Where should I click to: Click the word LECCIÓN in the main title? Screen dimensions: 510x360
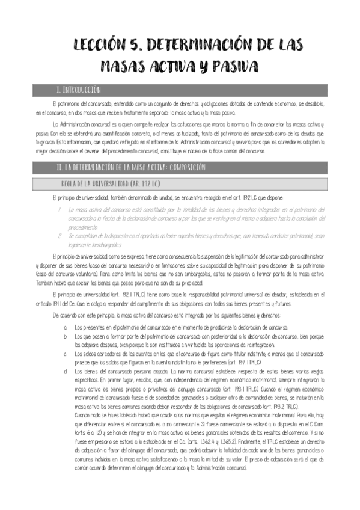click(x=102, y=45)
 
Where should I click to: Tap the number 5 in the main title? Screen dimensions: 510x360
click(x=141, y=45)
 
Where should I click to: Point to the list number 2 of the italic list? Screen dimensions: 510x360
click(x=61, y=236)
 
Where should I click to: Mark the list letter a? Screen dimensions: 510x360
click(x=65, y=327)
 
